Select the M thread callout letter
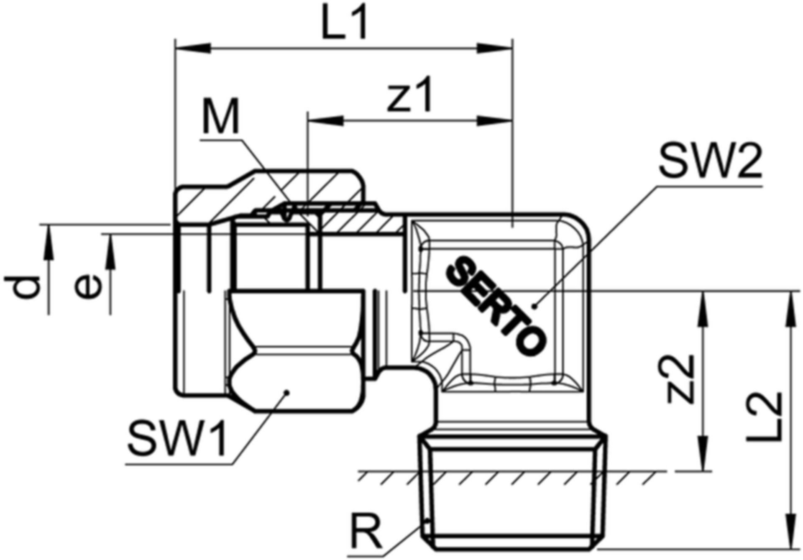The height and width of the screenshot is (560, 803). [x=220, y=117]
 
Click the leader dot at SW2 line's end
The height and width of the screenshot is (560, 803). [x=534, y=306]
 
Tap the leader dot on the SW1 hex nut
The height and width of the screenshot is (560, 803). [x=287, y=392]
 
